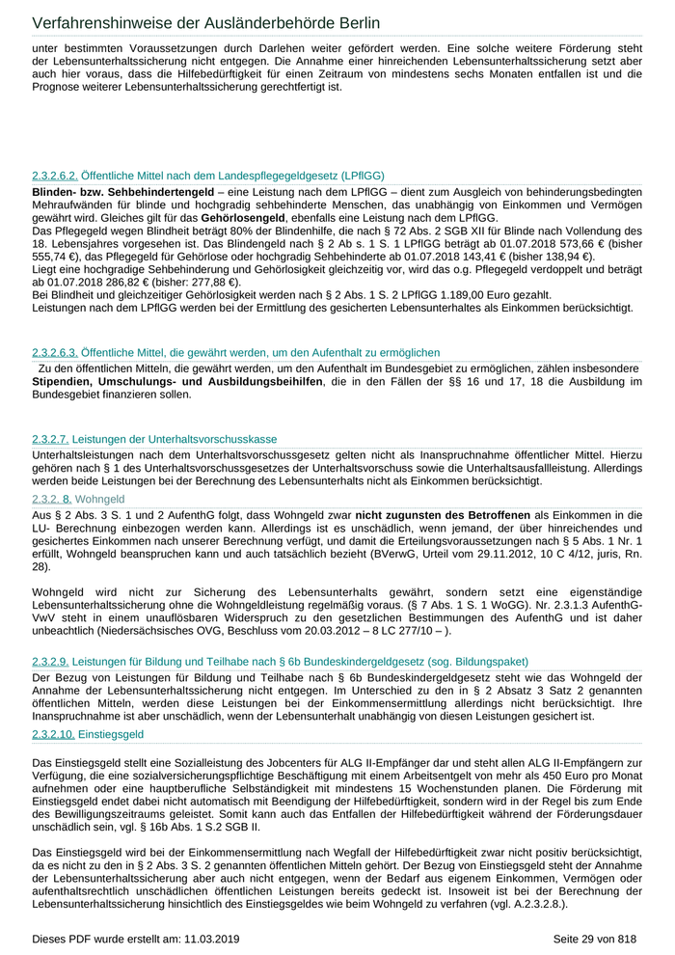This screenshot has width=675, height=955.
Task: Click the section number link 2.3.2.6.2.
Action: click(55, 176)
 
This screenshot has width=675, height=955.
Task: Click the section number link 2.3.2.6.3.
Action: click(55, 353)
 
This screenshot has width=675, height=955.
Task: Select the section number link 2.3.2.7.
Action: click(51, 439)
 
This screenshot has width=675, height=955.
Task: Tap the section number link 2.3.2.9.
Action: click(51, 663)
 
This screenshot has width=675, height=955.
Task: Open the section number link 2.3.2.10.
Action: click(53, 734)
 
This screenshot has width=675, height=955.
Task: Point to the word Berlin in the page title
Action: click(346, 22)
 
